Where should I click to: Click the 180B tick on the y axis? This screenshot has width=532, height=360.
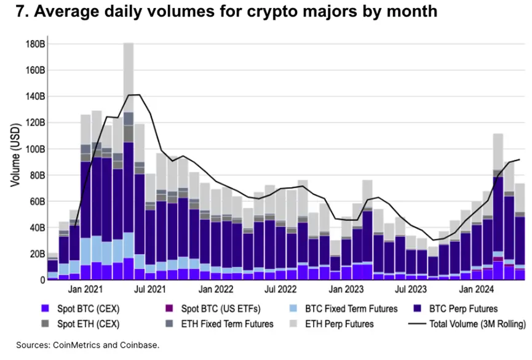pos(34,45)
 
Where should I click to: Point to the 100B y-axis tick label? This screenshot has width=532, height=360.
pos(34,150)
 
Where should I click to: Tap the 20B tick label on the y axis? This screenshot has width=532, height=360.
pos(36,254)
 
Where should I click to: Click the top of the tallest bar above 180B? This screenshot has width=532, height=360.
pos(129,43)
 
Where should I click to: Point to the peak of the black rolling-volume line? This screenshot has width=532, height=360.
pos(134,95)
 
